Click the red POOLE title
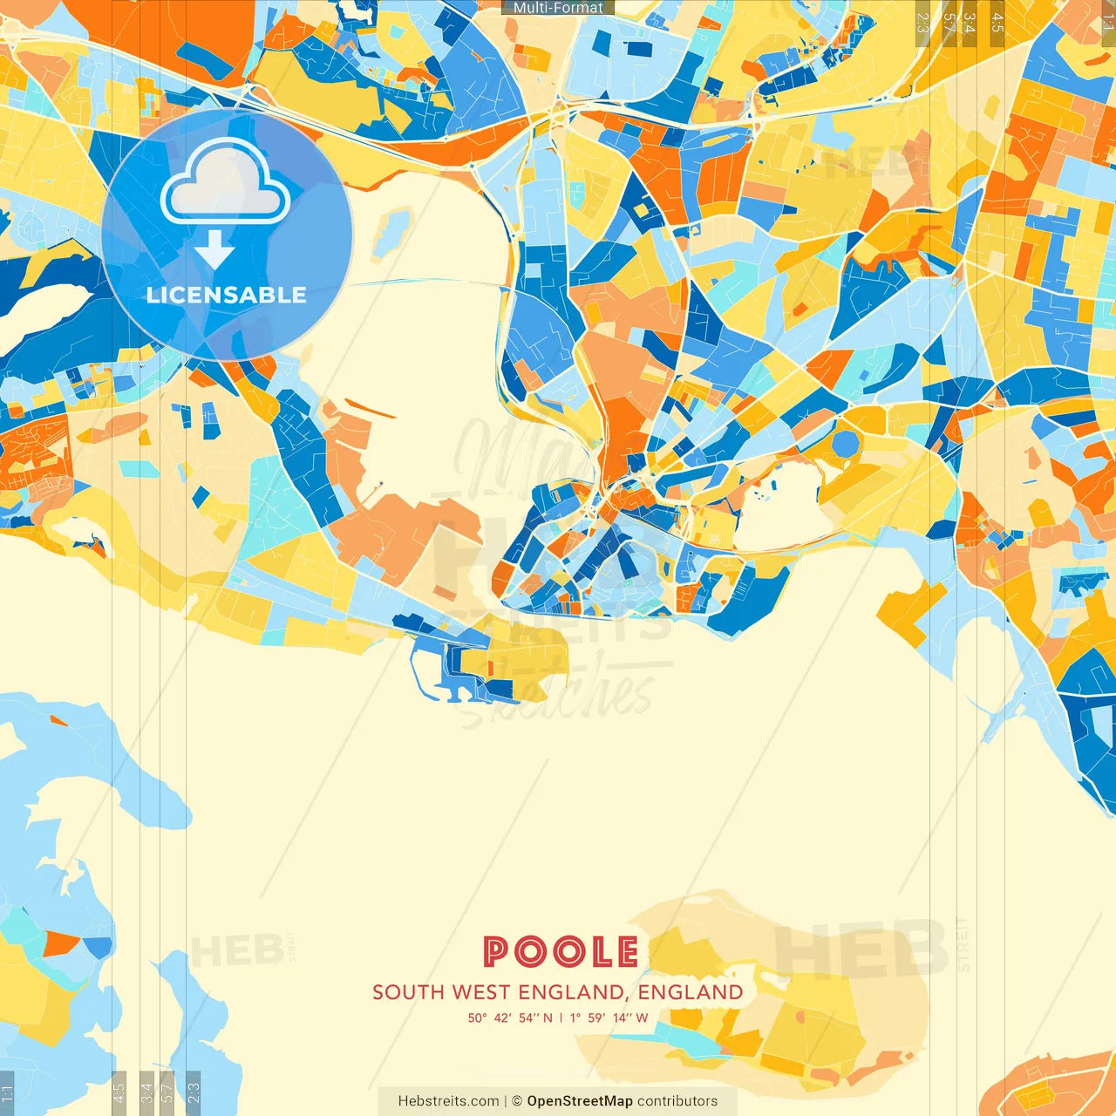tap(561, 951)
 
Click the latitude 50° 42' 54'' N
tap(510, 1017)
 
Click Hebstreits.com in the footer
tap(448, 1101)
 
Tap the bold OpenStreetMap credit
tap(579, 1101)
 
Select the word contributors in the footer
tap(677, 1101)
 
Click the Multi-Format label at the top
tap(558, 8)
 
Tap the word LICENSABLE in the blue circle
tap(227, 295)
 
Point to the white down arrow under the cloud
tap(214, 250)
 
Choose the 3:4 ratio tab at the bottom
tap(146, 1092)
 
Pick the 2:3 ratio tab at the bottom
tap(194, 1092)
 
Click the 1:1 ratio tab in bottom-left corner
tap(7, 1093)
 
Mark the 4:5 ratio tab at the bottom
tap(119, 1092)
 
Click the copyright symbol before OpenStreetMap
tap(517, 1101)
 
